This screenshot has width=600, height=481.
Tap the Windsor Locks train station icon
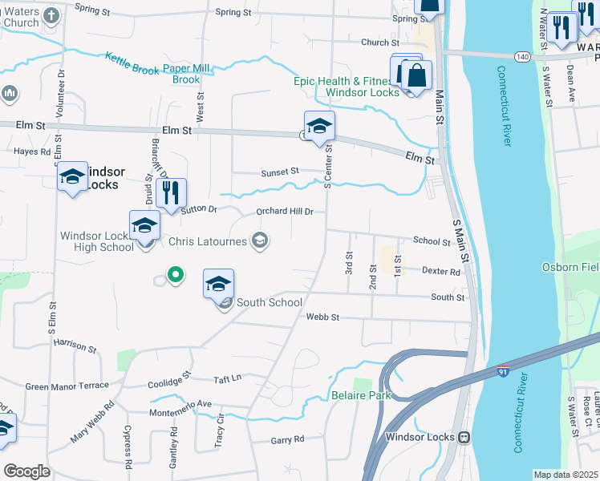click(x=464, y=437)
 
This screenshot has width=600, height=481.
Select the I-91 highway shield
click(x=503, y=371)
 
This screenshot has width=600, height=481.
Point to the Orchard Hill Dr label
click(x=284, y=212)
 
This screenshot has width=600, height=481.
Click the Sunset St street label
click(x=279, y=172)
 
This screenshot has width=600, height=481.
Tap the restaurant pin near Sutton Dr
click(x=171, y=194)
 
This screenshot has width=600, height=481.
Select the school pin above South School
click(x=218, y=285)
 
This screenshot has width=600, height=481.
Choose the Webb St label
click(x=323, y=318)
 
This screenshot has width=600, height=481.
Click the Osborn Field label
click(x=570, y=267)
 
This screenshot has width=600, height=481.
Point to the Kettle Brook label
click(x=132, y=64)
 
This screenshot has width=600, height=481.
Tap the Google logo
click(x=26, y=471)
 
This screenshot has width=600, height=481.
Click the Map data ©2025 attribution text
click(x=566, y=475)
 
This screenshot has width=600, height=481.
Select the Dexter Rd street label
click(x=441, y=273)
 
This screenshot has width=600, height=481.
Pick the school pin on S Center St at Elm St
click(x=319, y=127)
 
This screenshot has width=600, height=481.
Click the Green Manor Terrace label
click(x=67, y=386)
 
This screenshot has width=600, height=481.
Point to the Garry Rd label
click(x=287, y=439)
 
